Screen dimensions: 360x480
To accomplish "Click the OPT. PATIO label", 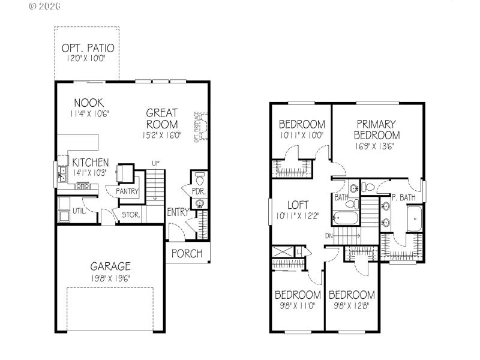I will point(88,48).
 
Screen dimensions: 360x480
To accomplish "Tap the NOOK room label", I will point(89,102).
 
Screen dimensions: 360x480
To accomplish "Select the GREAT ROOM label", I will point(162,118).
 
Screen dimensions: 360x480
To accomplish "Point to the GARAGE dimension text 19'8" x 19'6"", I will point(110,278).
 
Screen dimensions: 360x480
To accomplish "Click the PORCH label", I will point(187,253).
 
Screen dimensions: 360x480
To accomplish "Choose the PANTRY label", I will point(128,191).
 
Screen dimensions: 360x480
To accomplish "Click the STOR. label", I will point(131,214).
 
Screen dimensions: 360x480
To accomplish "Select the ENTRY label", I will point(178,212).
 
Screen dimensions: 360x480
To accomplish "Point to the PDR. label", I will point(199,191).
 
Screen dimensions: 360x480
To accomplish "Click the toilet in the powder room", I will point(200,178).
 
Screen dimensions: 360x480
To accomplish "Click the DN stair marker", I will point(329,236).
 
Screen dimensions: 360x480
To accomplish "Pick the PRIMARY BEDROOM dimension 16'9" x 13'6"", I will point(377,146).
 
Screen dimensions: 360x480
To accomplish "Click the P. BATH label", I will point(404,197).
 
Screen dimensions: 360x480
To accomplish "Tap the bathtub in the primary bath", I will point(415,219).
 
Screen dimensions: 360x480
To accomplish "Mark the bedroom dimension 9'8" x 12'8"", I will point(352,305).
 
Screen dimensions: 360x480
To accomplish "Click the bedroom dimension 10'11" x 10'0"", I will point(302,135).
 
